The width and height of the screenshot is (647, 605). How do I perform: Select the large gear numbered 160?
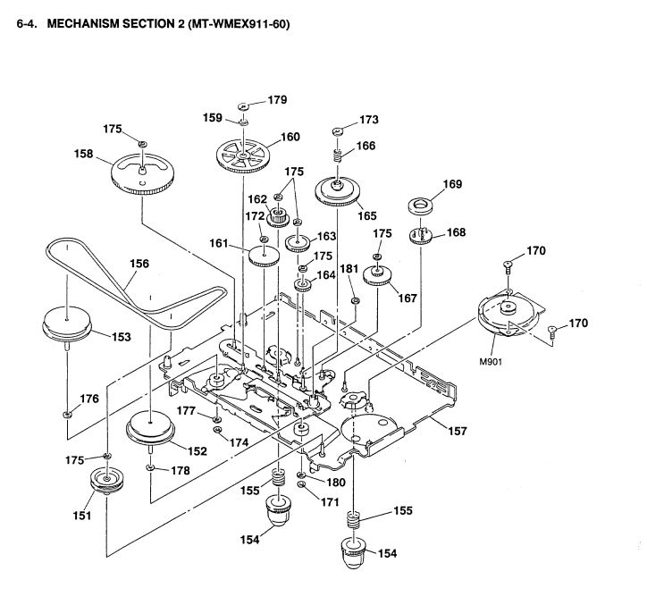coord(244,157)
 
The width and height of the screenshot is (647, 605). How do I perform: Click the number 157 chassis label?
coord(457,432)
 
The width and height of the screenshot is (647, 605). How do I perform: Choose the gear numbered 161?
coord(265,257)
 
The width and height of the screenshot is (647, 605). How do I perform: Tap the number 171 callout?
coord(331,502)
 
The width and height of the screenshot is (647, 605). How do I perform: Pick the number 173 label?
coord(369,119)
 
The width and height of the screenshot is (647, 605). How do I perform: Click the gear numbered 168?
coord(420,236)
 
